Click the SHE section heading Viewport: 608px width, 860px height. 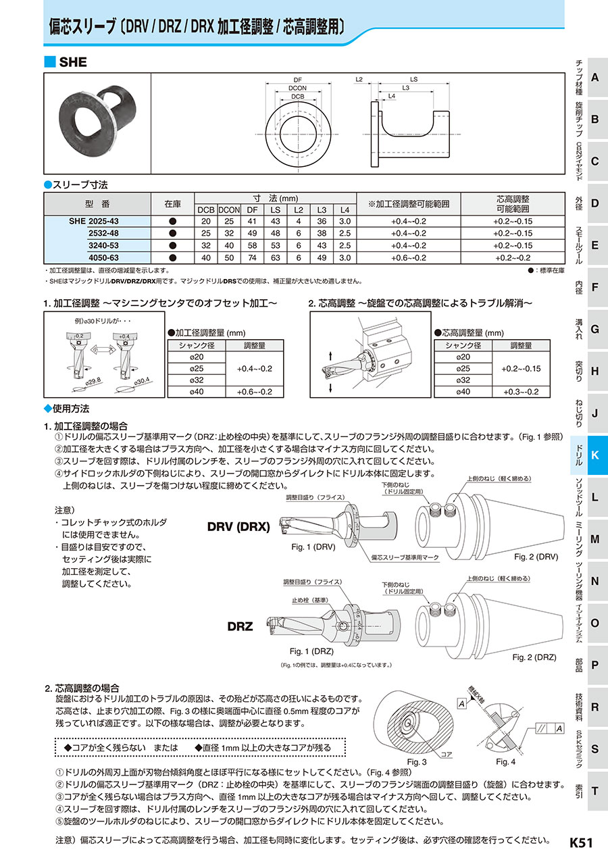point(73,62)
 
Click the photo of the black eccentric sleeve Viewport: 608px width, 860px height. point(96,121)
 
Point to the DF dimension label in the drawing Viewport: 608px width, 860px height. point(297,80)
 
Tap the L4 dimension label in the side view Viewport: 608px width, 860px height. point(392,97)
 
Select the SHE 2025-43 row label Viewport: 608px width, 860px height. point(94,222)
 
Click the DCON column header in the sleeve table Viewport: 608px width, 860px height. point(230,209)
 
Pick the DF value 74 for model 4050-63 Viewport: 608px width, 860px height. point(252,257)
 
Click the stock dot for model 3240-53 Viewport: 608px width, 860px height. point(172,245)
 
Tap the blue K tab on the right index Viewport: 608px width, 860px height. point(594,455)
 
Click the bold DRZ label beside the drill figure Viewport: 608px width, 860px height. point(240,626)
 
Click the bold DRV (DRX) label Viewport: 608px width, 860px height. point(238,526)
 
